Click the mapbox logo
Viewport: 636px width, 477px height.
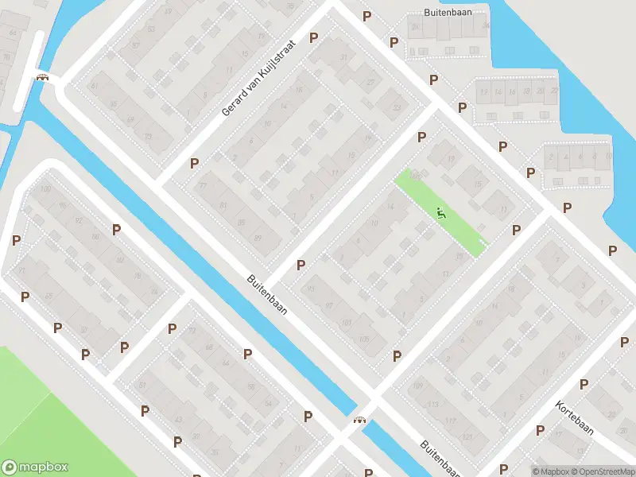point(35,467)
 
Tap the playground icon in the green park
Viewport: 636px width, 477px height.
point(441,213)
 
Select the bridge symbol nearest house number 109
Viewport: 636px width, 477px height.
point(360,420)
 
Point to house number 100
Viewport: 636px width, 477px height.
point(45,189)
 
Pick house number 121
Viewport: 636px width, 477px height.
point(467,437)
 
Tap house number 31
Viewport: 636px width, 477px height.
point(344,57)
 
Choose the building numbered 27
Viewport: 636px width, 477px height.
point(370,83)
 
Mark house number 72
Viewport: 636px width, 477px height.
point(192,331)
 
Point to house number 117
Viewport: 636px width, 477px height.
point(451,421)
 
